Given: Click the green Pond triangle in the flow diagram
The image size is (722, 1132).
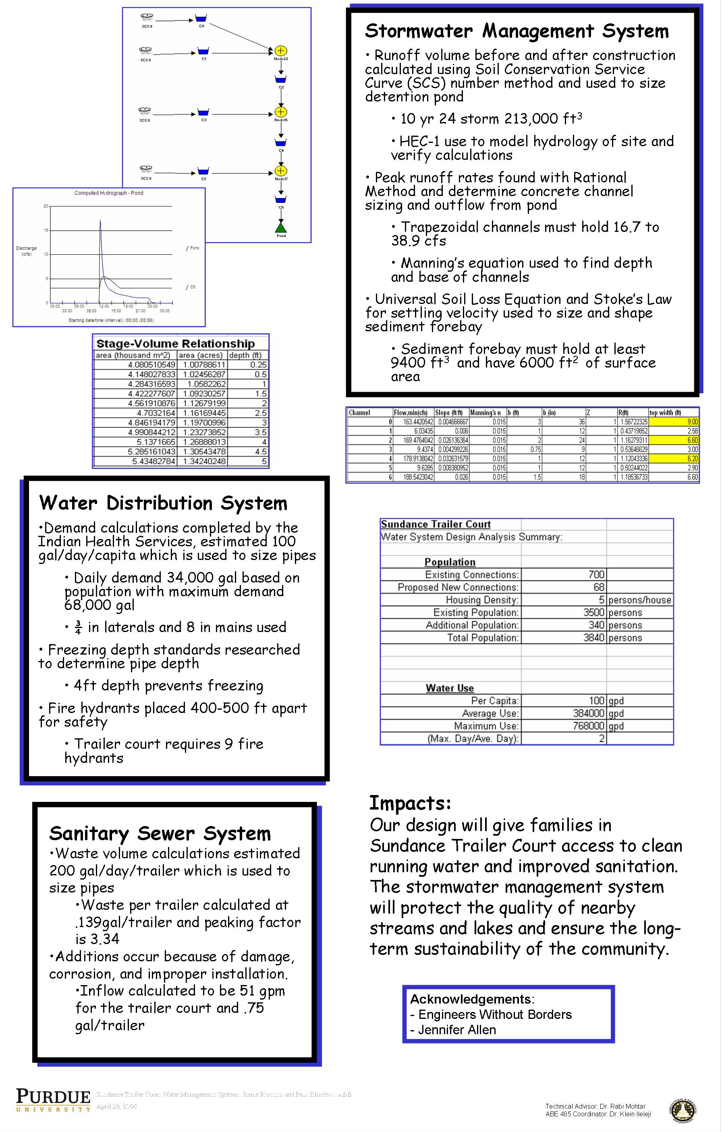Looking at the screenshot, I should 281,228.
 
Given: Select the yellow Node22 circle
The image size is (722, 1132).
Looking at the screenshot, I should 280,51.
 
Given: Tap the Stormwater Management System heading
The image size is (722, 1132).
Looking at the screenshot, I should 517,31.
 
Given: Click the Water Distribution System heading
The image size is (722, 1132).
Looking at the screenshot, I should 163,503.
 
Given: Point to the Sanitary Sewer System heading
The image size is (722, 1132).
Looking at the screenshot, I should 160,833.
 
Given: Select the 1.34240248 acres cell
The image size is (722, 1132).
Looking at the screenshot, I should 204,461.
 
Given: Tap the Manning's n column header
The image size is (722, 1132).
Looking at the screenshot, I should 485,413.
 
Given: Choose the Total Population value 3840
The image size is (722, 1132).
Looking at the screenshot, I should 593,638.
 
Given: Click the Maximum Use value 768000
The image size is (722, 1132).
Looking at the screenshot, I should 588,726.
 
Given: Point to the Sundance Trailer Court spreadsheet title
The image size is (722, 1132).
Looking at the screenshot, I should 436,524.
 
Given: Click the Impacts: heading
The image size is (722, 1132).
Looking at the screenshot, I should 410,803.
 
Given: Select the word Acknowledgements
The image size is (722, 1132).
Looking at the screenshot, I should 470,999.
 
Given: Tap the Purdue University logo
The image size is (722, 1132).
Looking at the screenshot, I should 53,1100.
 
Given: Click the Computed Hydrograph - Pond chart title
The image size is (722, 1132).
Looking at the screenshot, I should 109,193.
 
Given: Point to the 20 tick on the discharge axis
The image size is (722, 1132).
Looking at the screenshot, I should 46,206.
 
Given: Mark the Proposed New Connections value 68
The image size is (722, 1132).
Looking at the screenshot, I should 599,587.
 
